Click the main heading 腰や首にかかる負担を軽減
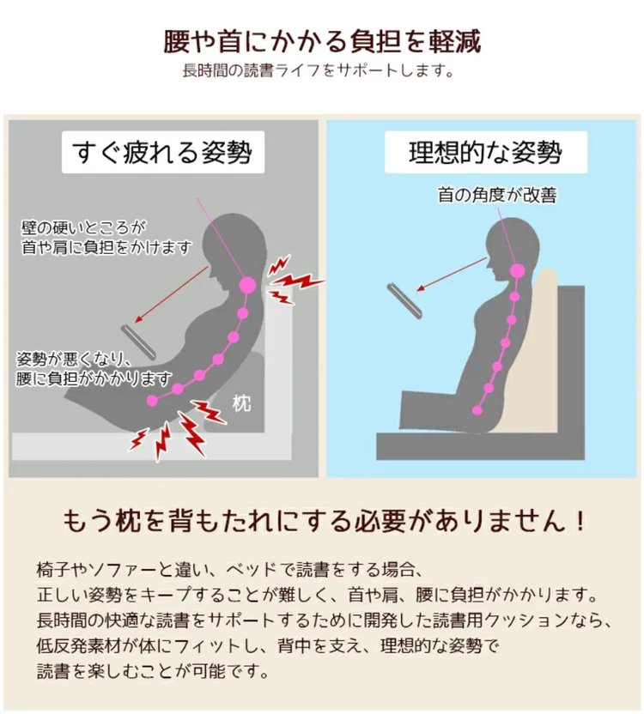(322, 41)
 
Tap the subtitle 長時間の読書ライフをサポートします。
(318, 71)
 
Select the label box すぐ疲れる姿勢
(162, 152)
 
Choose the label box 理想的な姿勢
(486, 152)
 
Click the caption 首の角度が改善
(497, 195)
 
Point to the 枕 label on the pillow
(241, 403)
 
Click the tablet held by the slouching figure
(138, 341)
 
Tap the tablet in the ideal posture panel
(404, 300)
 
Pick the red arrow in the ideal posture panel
(453, 274)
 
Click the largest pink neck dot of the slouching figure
(247, 286)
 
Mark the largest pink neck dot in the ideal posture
(517, 271)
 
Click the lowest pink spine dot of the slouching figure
(152, 401)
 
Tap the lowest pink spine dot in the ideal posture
(477, 410)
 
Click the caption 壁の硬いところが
(83, 227)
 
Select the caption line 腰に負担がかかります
(94, 378)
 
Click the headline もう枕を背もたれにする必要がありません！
(324, 521)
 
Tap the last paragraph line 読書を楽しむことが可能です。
(153, 671)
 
